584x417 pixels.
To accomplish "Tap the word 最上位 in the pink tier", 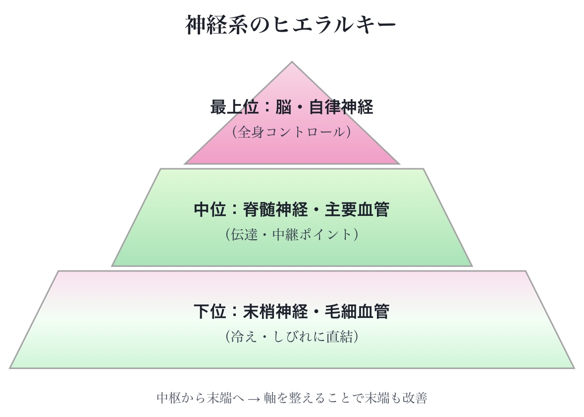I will (x=226, y=107).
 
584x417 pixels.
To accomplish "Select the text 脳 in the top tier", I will (x=283, y=107).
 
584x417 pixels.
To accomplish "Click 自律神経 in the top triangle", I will (x=341, y=107).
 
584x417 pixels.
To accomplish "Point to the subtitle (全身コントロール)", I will (x=291, y=132).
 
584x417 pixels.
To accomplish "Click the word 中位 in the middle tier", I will (x=210, y=209).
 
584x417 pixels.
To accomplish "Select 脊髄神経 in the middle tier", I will (x=275, y=209).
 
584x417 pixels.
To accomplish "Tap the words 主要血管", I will (x=357, y=209).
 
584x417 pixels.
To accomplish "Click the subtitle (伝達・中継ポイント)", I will (x=291, y=234).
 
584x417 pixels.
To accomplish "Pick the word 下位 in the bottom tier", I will (x=210, y=312).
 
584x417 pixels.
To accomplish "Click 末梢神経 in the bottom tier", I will (x=275, y=312).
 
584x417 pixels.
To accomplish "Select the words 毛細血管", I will (x=357, y=312).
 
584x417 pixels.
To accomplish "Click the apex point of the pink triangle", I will (x=292, y=63).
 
